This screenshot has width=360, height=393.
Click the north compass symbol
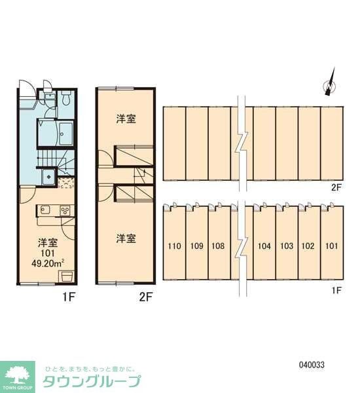(x=329, y=84)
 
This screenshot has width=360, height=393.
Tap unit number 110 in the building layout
(x=174, y=247)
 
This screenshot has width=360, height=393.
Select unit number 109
(x=196, y=247)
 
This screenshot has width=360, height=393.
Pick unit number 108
(x=219, y=247)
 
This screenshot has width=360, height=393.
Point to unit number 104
(x=264, y=247)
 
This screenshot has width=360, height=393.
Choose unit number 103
(x=286, y=247)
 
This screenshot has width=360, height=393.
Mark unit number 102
(x=308, y=247)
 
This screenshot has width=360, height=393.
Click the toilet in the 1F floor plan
(x=67, y=99)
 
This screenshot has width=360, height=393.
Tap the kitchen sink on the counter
(x=45, y=210)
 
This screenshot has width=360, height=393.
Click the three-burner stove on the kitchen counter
(x=65, y=210)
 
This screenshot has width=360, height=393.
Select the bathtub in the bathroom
(x=65, y=135)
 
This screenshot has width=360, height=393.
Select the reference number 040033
(x=312, y=365)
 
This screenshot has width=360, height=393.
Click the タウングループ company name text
(x=92, y=382)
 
